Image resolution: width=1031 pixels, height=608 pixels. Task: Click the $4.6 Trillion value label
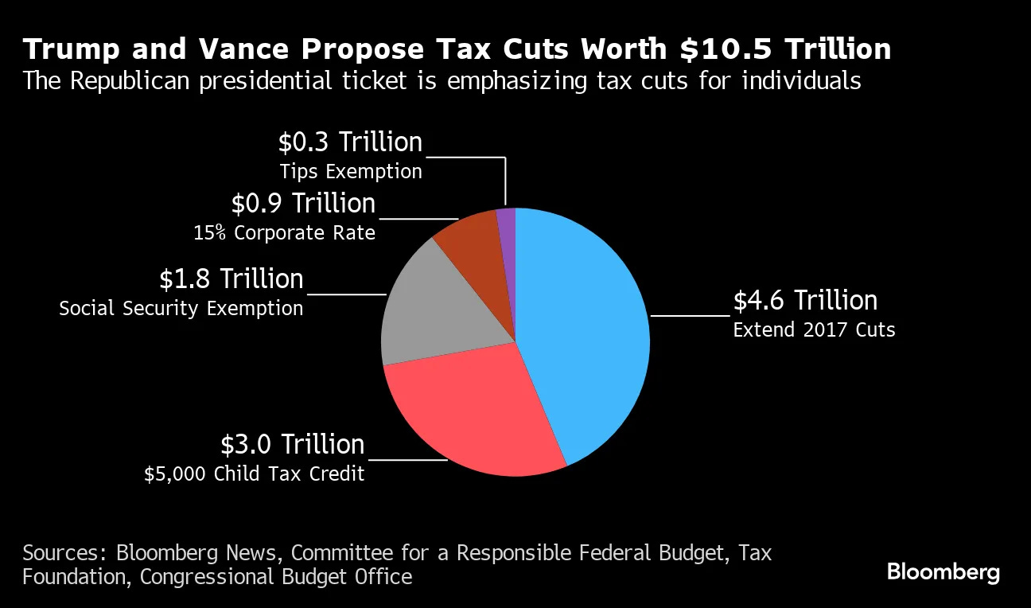805,301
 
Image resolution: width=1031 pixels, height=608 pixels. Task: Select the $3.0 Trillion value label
292,444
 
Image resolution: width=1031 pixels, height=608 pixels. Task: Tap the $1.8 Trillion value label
231,279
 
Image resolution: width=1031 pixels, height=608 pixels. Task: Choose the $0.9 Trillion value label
303,204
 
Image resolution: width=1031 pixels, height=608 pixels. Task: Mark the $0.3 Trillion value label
350,142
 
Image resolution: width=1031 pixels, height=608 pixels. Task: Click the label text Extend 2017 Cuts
814,329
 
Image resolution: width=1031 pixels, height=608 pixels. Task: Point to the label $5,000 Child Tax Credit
254,474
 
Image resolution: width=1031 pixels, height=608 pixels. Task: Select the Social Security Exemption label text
181,308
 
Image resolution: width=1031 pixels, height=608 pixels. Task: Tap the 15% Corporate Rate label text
284,233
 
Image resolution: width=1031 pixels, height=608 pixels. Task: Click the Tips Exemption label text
351,171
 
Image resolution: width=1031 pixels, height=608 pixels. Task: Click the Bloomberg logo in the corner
943,571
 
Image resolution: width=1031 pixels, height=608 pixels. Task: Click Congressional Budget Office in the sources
276,576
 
